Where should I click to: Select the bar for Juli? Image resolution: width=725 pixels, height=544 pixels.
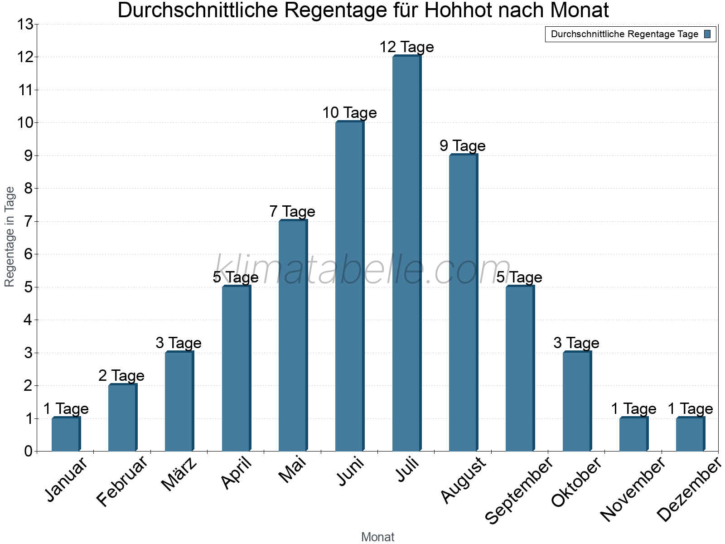coord(406,254)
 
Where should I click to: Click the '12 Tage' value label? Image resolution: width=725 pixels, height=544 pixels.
coord(406,47)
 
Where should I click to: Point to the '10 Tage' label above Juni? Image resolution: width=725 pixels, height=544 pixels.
coord(349,112)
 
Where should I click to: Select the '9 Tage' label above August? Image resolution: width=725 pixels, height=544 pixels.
coord(463,146)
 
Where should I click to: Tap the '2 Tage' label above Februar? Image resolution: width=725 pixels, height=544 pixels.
coord(121,375)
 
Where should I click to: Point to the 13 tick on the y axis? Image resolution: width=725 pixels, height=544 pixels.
coord(26,24)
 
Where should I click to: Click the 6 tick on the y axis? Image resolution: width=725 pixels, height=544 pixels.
coord(29,254)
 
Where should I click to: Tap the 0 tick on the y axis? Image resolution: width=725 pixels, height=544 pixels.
coord(29,451)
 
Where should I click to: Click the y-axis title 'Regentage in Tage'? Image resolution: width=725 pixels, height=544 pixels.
coord(10,237)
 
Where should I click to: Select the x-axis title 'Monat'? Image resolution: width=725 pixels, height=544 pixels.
coord(377,537)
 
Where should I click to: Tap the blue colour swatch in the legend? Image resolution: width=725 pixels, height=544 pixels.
coord(707,34)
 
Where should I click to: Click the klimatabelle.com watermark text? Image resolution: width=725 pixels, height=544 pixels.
coord(362,270)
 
